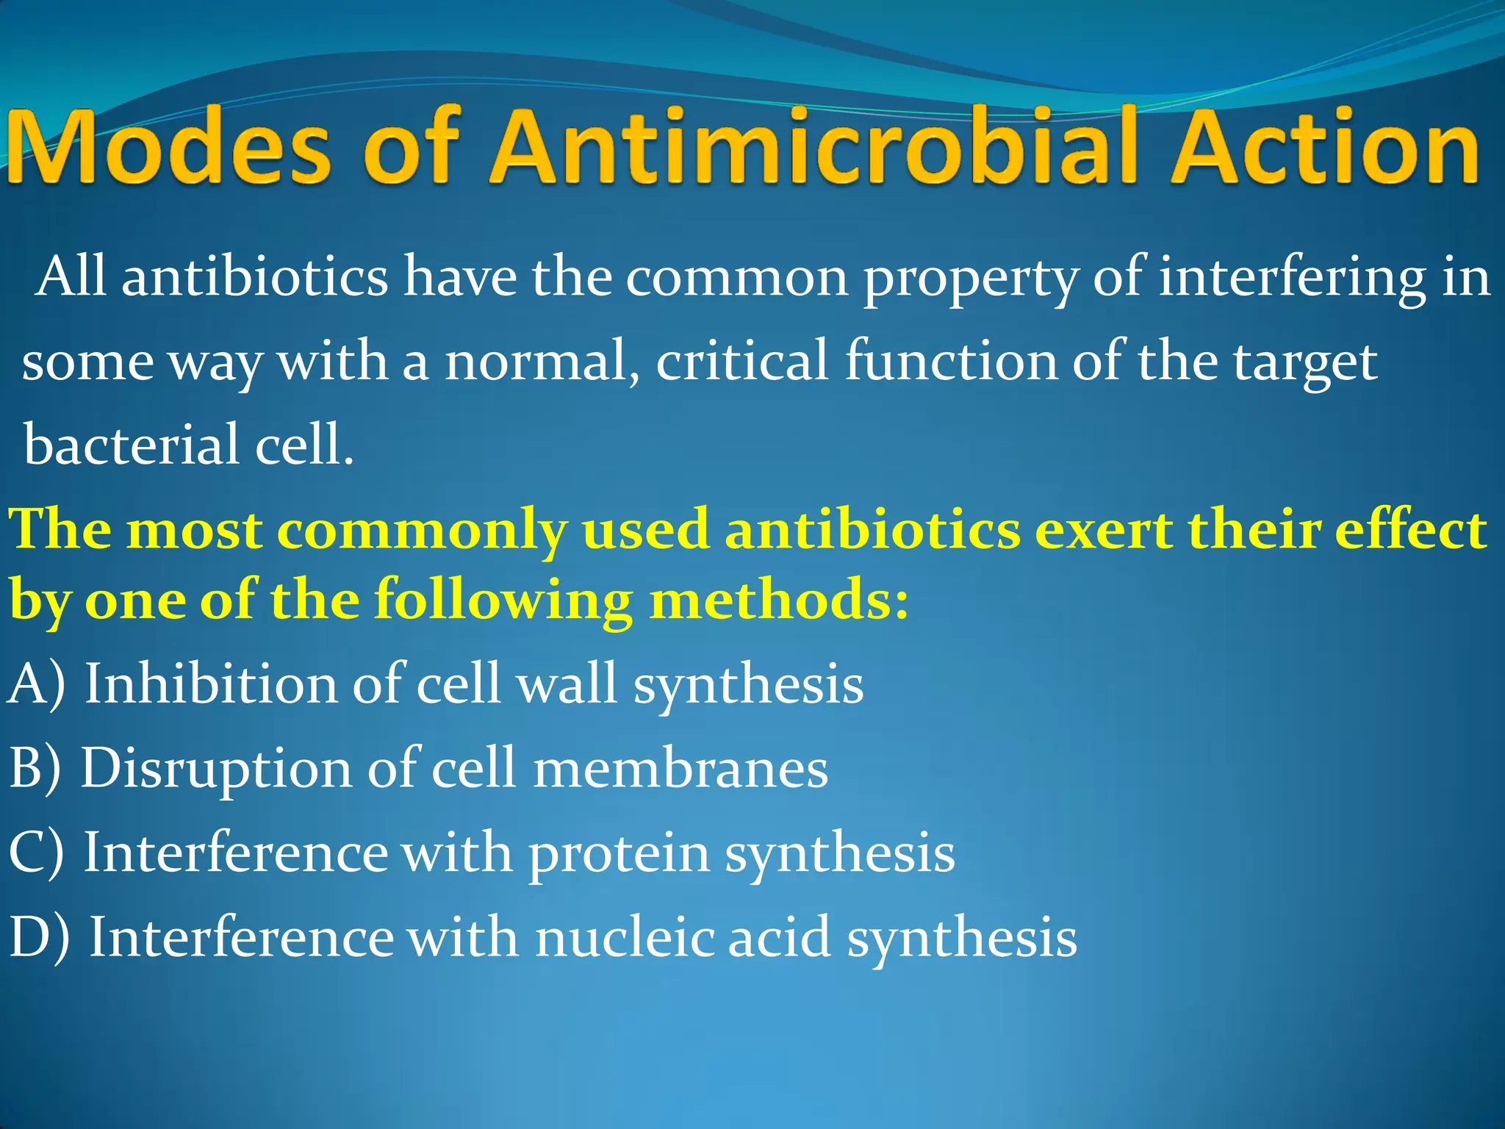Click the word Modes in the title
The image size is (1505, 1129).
click(169, 147)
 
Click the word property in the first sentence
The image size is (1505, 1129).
click(970, 279)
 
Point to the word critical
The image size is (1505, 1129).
click(742, 362)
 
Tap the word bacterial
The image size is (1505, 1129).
click(132, 445)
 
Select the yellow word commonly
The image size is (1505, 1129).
click(422, 531)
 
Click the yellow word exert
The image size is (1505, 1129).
click(1102, 531)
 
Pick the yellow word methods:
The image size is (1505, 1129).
click(779, 600)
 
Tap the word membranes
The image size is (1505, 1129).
click(680, 769)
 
